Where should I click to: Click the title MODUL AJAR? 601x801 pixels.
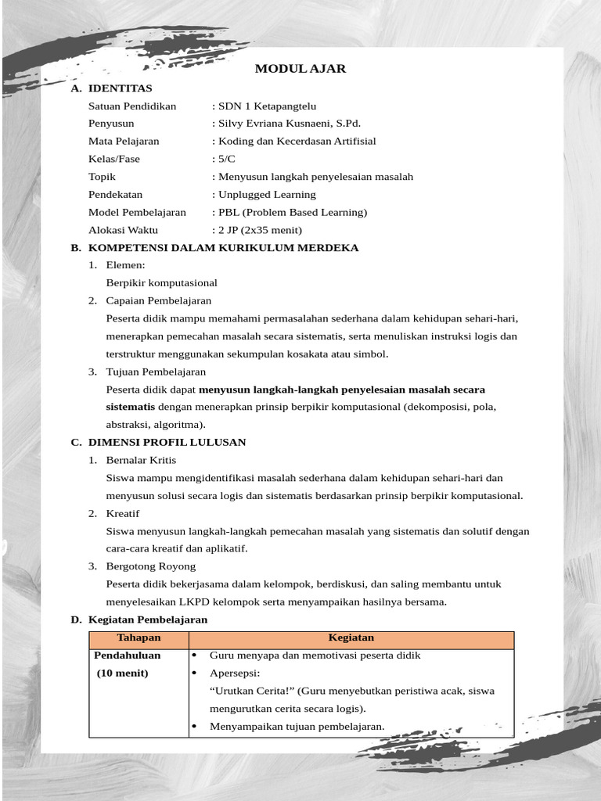pyautogui.click(x=300, y=69)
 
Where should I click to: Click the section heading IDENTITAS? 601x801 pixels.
pyautogui.click(x=120, y=88)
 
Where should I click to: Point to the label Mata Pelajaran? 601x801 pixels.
pyautogui.click(x=124, y=142)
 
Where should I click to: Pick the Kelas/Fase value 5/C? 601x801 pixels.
pyautogui.click(x=227, y=159)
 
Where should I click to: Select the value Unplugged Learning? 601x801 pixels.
pyautogui.click(x=267, y=195)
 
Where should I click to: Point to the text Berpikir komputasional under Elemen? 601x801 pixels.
pyautogui.click(x=161, y=283)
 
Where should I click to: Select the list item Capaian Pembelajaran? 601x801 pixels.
pyautogui.click(x=158, y=300)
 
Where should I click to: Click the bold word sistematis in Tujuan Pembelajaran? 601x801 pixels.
pyautogui.click(x=131, y=407)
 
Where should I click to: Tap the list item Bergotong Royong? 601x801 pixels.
pyautogui.click(x=150, y=566)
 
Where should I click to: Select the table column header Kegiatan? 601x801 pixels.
pyautogui.click(x=351, y=638)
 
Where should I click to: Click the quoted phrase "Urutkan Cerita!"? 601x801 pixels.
pyautogui.click(x=248, y=691)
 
